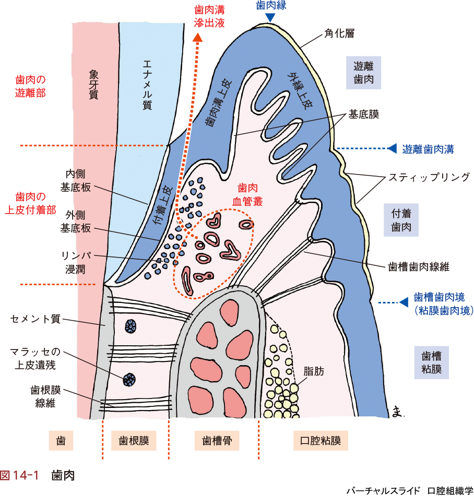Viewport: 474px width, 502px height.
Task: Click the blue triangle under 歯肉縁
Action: (270, 18)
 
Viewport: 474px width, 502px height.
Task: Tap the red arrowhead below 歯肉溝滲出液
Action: (197, 38)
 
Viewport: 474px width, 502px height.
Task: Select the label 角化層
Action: (339, 33)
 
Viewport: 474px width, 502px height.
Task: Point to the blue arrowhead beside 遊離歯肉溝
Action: (392, 148)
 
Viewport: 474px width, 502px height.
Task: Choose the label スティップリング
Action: (429, 177)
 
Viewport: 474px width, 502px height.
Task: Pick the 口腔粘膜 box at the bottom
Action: (321, 441)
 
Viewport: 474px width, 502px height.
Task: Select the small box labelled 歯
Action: (61, 441)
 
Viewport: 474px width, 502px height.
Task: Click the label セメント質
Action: (35, 318)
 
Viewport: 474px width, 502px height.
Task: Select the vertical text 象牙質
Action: (94, 84)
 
